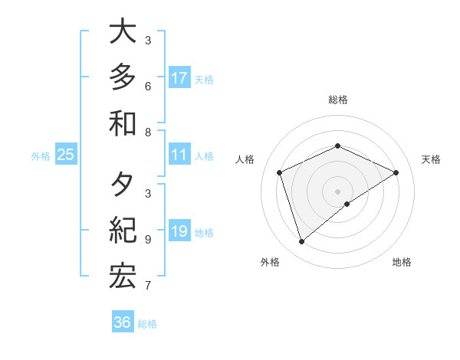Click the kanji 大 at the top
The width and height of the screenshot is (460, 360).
tap(123, 32)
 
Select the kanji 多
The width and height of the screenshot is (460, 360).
tap(123, 77)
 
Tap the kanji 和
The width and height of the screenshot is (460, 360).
tap(123, 123)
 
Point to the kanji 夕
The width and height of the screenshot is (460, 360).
tap(123, 185)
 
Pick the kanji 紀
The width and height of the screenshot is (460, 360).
tap(123, 231)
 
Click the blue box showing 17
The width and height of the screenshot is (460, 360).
tap(179, 77)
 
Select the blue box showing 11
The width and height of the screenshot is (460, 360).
tap(179, 155)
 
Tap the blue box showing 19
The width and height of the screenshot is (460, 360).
tap(179, 231)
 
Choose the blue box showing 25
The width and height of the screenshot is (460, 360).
tap(66, 155)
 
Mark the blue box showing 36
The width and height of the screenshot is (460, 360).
tap(123, 322)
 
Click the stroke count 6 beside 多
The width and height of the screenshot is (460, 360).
tap(148, 86)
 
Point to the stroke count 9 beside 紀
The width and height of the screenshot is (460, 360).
tap(148, 240)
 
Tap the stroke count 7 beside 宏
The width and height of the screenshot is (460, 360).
tap(148, 286)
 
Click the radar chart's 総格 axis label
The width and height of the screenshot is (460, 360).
tap(337, 100)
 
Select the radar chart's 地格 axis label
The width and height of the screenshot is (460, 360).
tap(402, 262)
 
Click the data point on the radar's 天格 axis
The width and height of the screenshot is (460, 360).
tap(396, 172)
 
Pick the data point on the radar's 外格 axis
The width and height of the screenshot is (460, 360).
tap(301, 242)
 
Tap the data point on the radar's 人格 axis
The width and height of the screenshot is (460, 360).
tap(280, 172)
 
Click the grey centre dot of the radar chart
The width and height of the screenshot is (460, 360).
tap(337, 191)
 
